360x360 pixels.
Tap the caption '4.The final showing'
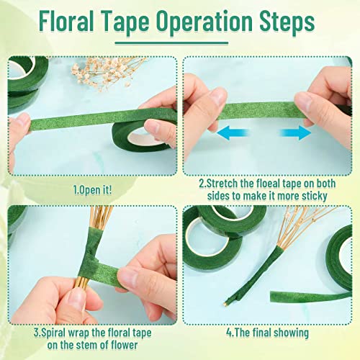tap(267, 333)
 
